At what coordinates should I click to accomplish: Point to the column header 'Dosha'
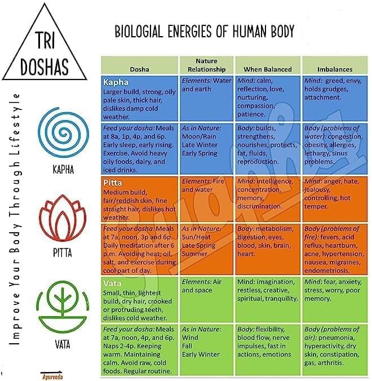(139, 69)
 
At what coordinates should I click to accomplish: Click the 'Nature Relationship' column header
(206, 65)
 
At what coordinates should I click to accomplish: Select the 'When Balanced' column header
(268, 69)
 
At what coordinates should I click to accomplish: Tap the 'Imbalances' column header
(335, 69)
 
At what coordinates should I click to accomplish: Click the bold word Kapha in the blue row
(116, 82)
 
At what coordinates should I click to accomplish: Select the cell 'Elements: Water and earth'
(206, 85)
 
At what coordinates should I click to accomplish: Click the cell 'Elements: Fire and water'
(206, 185)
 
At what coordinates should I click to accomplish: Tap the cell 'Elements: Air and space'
(206, 286)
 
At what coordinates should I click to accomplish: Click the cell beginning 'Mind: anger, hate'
(335, 194)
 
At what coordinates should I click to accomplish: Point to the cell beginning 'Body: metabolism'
(268, 242)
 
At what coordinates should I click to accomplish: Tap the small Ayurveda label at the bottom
(51, 373)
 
